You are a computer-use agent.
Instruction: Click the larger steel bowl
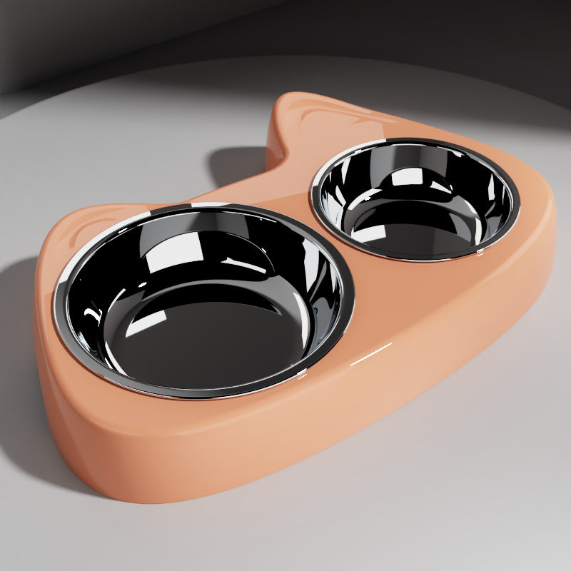(x=203, y=300)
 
